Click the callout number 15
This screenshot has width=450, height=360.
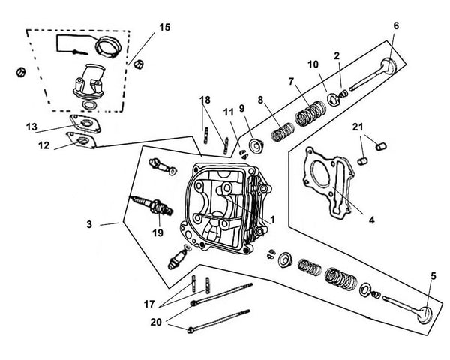[x=164, y=28]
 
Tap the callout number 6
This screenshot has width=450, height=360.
[x=396, y=25]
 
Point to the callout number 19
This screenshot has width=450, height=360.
[x=158, y=232]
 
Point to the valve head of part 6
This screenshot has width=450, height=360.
[x=389, y=66]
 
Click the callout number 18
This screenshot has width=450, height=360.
[x=205, y=99]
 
